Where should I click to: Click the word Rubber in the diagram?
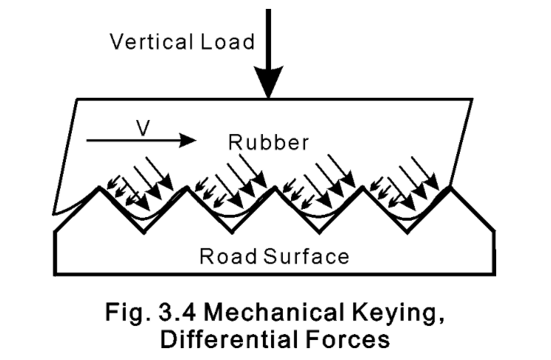tap(267, 142)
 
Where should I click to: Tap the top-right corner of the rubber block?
tap(473, 99)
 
